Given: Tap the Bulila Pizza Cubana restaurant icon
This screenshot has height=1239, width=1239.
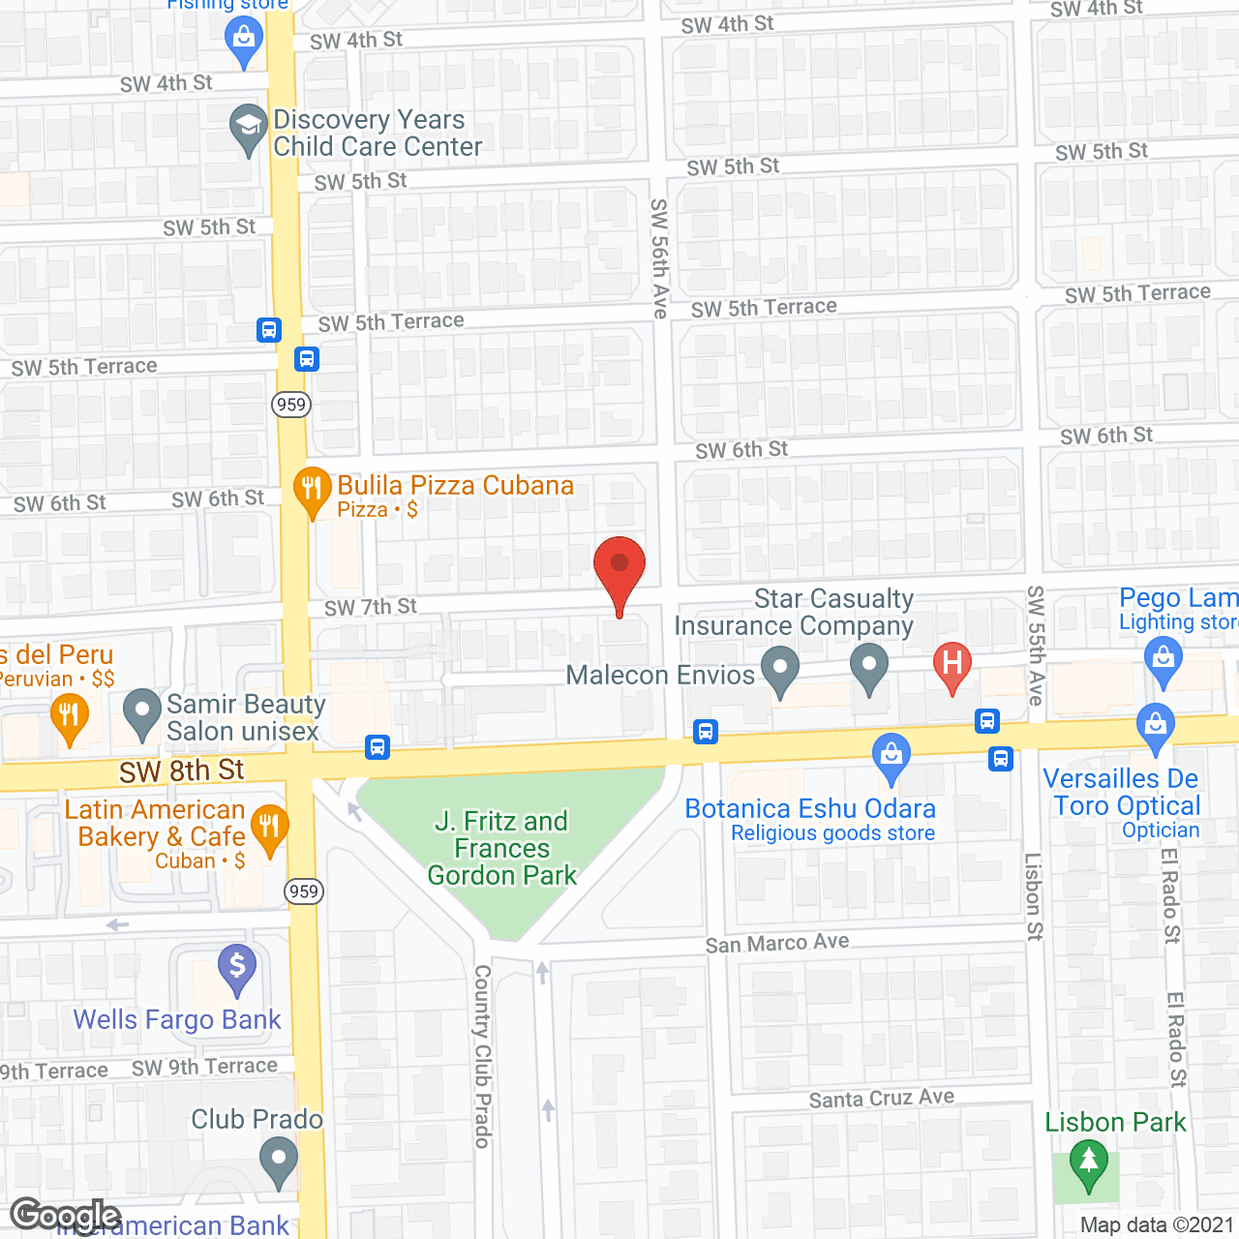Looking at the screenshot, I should pyautogui.click(x=312, y=489).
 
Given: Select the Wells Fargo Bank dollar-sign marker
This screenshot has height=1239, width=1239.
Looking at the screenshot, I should pyautogui.click(x=237, y=967).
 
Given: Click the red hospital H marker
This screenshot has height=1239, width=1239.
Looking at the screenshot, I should pyautogui.click(x=952, y=665).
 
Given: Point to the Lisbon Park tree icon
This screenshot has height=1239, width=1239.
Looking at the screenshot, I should pyautogui.click(x=1089, y=1162).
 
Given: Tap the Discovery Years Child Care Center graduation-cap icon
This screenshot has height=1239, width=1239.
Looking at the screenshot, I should pyautogui.click(x=249, y=127).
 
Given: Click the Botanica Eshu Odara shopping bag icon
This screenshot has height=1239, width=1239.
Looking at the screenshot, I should pyautogui.click(x=891, y=756).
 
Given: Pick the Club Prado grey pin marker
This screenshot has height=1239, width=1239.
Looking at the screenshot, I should pyautogui.click(x=280, y=1159).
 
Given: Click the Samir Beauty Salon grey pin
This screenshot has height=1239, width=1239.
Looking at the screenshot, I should pyautogui.click(x=142, y=711).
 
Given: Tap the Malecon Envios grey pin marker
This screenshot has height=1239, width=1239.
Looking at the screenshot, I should pyautogui.click(x=780, y=669).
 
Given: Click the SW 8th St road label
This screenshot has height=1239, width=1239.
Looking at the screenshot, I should pyautogui.click(x=182, y=771).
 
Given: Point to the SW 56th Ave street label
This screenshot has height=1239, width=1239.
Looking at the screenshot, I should pyautogui.click(x=660, y=258).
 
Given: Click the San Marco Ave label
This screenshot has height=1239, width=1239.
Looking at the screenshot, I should pyautogui.click(x=777, y=943).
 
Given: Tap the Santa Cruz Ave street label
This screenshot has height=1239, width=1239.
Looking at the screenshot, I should pyautogui.click(x=882, y=1099).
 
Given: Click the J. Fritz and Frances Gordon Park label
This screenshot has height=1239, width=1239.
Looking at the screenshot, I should pyautogui.click(x=502, y=848).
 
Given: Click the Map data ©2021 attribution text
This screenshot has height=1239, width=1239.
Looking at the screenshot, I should pyautogui.click(x=1157, y=1224).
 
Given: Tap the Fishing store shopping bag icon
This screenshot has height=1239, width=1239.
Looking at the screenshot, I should pyautogui.click(x=244, y=40).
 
